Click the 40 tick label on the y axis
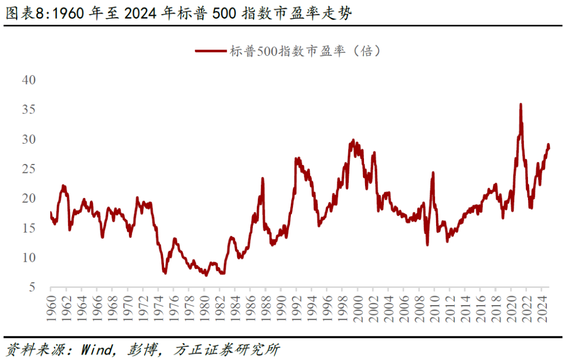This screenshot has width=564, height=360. (x=28, y=80)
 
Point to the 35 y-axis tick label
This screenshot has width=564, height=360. (x=28, y=110)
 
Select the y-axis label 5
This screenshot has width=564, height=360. (x=32, y=287)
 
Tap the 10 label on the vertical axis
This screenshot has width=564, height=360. (x=28, y=258)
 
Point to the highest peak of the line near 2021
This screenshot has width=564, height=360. (x=521, y=104)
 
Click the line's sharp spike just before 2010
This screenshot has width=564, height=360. (x=432, y=172)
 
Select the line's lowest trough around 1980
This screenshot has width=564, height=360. (x=206, y=275)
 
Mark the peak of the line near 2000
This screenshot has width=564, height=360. (x=353, y=140)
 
